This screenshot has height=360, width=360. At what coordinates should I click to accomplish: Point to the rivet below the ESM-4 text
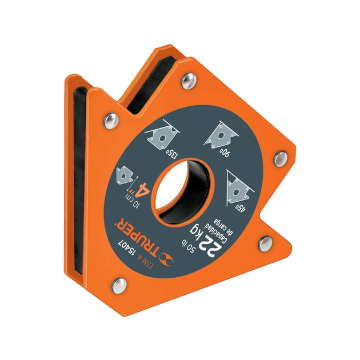point(119,282)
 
